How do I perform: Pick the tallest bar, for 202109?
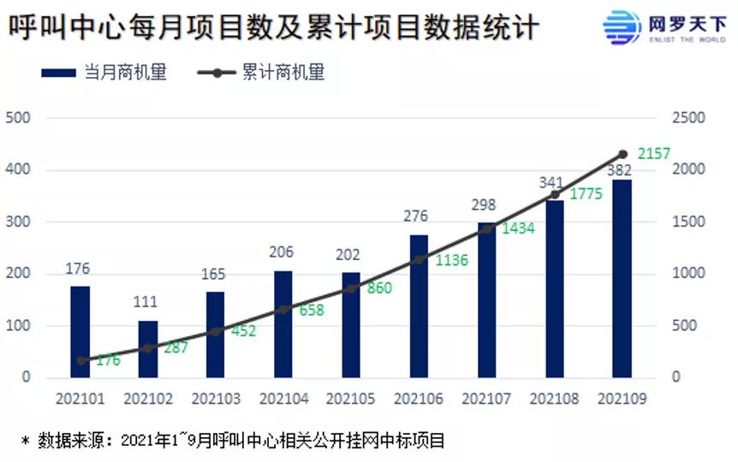point(622,278)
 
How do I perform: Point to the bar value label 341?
point(552,182)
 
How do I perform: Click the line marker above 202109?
point(622,154)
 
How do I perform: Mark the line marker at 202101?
point(81,361)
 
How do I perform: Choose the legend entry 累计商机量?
point(262,74)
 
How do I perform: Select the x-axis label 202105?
point(351,400)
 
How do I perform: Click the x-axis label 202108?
point(554,400)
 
